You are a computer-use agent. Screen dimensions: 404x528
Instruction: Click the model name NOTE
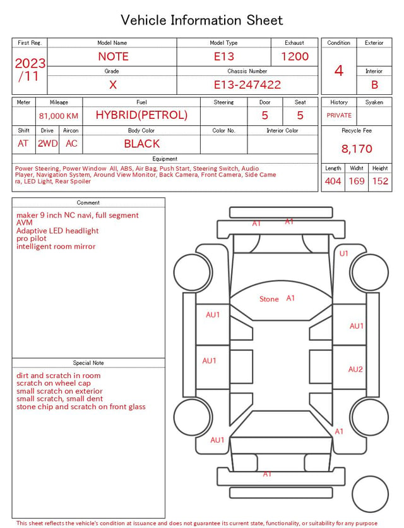click(113, 56)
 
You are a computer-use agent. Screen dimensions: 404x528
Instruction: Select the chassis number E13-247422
click(247, 85)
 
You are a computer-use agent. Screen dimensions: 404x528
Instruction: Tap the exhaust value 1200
click(295, 56)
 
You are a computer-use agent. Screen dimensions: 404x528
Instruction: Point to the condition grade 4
click(339, 71)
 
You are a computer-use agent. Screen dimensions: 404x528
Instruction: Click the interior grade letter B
click(374, 85)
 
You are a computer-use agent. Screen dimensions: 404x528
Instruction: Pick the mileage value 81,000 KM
click(59, 116)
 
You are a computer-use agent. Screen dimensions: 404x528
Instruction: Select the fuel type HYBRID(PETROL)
click(141, 115)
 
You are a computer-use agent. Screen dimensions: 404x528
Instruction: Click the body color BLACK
click(142, 144)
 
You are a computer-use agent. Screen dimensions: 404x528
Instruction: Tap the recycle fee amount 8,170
click(357, 149)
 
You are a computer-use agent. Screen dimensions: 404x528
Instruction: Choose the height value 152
click(380, 181)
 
